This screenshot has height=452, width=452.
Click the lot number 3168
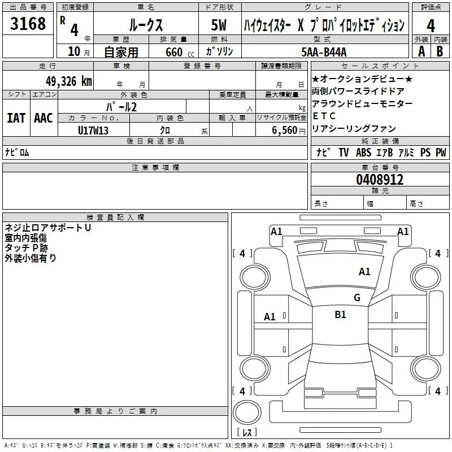click(28, 23)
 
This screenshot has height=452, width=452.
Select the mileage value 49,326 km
click(69, 81)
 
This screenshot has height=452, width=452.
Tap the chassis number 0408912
click(380, 179)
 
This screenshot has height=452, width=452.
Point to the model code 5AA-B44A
click(324, 52)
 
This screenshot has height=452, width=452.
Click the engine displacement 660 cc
click(180, 52)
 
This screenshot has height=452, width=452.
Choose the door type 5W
click(219, 25)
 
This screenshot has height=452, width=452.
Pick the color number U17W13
click(93, 131)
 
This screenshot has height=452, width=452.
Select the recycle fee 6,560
click(285, 131)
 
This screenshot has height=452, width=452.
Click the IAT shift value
click(16, 118)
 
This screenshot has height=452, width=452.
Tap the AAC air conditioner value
click(44, 118)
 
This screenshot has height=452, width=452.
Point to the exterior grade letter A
click(421, 51)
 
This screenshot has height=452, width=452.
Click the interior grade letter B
click(440, 51)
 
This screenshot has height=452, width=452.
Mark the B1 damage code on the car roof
click(340, 314)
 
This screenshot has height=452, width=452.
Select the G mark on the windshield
click(357, 298)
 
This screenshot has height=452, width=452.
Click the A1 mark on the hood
click(364, 272)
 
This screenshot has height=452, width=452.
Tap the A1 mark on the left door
click(270, 317)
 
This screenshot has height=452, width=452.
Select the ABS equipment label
click(363, 152)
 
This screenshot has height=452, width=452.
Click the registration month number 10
click(74, 51)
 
